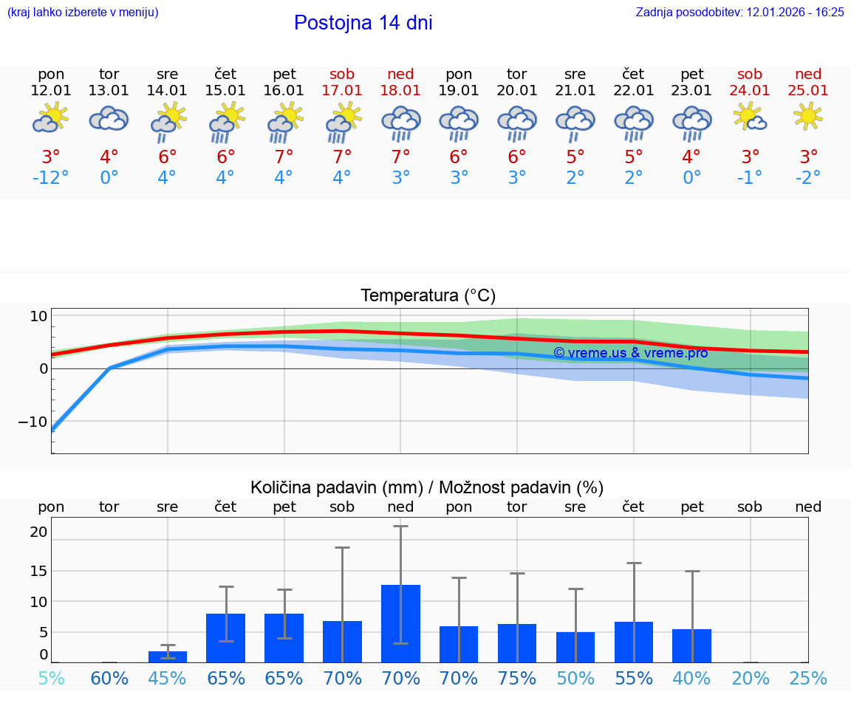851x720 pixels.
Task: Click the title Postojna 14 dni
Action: pyautogui.click(x=363, y=23)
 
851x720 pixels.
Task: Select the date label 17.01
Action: pyautogui.click(x=342, y=91)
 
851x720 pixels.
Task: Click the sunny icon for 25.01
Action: pyautogui.click(x=808, y=116)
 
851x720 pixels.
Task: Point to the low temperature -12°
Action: pyautogui.click(x=50, y=177)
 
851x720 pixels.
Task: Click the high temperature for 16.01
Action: pyautogui.click(x=284, y=157)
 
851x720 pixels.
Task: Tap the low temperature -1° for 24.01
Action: pyautogui.click(x=750, y=177)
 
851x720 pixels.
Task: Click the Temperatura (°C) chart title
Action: pyautogui.click(x=428, y=296)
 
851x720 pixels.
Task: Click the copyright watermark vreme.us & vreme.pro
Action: pyautogui.click(x=630, y=353)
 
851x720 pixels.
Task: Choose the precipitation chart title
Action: pyautogui.click(x=427, y=487)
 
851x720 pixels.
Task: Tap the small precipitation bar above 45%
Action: pyautogui.click(x=168, y=656)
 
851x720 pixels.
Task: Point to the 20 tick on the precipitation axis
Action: pyautogui.click(x=38, y=532)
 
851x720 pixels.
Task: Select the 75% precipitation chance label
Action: pyautogui.click(x=517, y=678)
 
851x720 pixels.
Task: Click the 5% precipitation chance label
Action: pyautogui.click(x=51, y=678)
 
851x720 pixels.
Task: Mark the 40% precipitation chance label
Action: pyautogui.click(x=692, y=678)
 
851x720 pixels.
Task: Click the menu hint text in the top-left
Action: pyautogui.click(x=82, y=12)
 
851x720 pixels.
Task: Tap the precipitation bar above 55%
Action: pyautogui.click(x=634, y=642)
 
